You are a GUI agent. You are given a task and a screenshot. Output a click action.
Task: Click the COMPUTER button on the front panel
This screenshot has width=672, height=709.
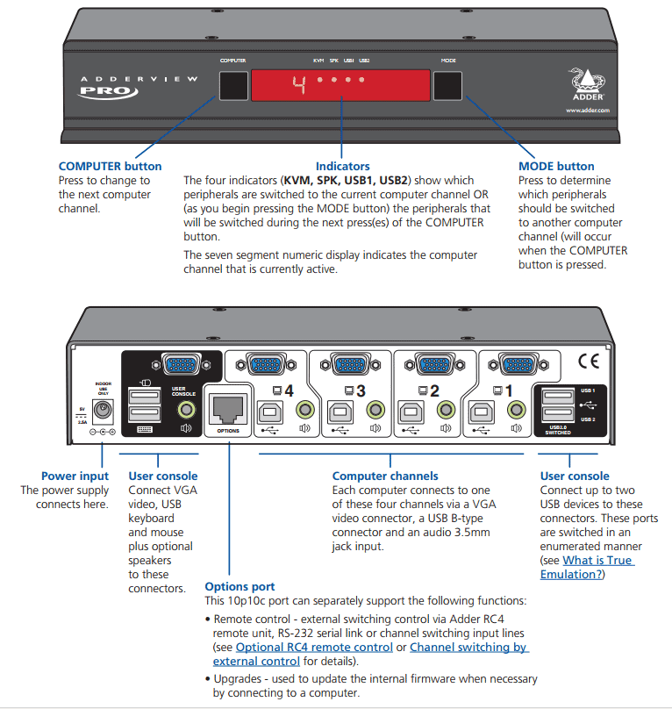232,86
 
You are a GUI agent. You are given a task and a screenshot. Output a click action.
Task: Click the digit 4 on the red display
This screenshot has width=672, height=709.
298,85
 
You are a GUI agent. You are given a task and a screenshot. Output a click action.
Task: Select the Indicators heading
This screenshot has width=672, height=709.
342,166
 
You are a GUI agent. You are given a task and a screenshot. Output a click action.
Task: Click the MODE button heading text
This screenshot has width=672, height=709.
556,166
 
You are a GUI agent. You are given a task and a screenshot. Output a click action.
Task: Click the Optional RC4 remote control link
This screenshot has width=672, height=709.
314,647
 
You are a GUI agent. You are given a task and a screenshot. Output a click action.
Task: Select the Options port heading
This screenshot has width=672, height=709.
239,586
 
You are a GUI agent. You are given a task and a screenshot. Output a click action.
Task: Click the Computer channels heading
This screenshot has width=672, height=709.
385,476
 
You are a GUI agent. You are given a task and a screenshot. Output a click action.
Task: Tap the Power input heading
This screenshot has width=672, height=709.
75,476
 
